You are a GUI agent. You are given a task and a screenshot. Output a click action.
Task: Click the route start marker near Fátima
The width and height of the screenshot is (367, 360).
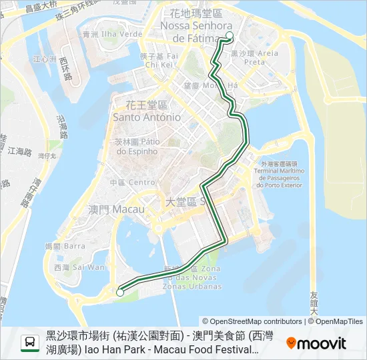click(230, 36)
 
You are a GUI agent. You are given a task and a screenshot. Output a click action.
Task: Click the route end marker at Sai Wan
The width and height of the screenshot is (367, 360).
click(120, 291)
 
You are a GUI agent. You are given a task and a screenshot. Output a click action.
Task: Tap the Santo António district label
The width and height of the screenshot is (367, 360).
click(147, 117)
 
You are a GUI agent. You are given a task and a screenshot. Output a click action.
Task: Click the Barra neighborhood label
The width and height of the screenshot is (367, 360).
click(75, 246)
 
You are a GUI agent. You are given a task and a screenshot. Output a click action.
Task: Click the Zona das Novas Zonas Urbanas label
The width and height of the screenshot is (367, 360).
click(200, 277)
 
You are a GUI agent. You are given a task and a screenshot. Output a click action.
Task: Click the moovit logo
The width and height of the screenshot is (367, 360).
click(316, 343)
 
